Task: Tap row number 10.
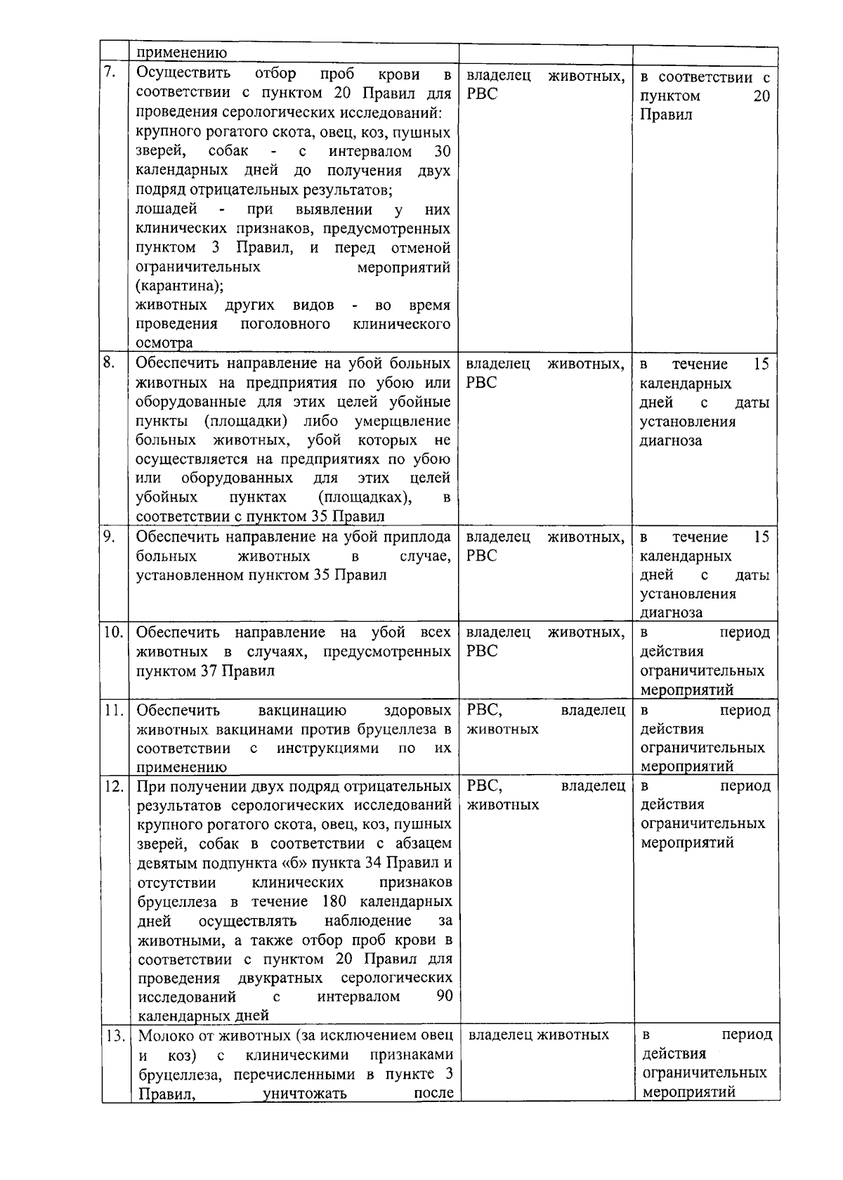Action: click(113, 631)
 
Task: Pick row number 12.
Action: click(113, 785)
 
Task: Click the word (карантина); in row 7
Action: click(180, 286)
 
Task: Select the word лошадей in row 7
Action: click(166, 209)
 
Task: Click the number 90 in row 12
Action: click(444, 997)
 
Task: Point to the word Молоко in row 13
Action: click(164, 1035)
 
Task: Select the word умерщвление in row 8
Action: click(407, 421)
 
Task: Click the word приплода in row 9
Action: click(421, 537)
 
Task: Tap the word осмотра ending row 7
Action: click(164, 343)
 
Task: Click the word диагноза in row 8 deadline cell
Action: click(670, 440)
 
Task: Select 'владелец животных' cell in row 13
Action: click(538, 1035)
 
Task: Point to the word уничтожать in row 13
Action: click(304, 1093)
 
